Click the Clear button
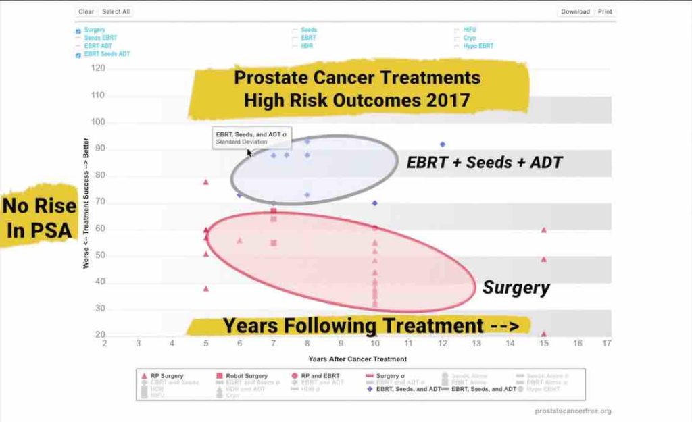86,11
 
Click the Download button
576,11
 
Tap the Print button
605,11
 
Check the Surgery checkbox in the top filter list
78,30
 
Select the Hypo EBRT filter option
478,46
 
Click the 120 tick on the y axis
99,68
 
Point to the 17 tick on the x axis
607,343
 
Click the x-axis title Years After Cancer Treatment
357,359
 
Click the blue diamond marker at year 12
443,144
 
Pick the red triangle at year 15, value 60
543,230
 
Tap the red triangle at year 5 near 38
206,288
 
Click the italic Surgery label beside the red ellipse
516,288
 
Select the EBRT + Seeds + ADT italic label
484,162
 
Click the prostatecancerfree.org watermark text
573,411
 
